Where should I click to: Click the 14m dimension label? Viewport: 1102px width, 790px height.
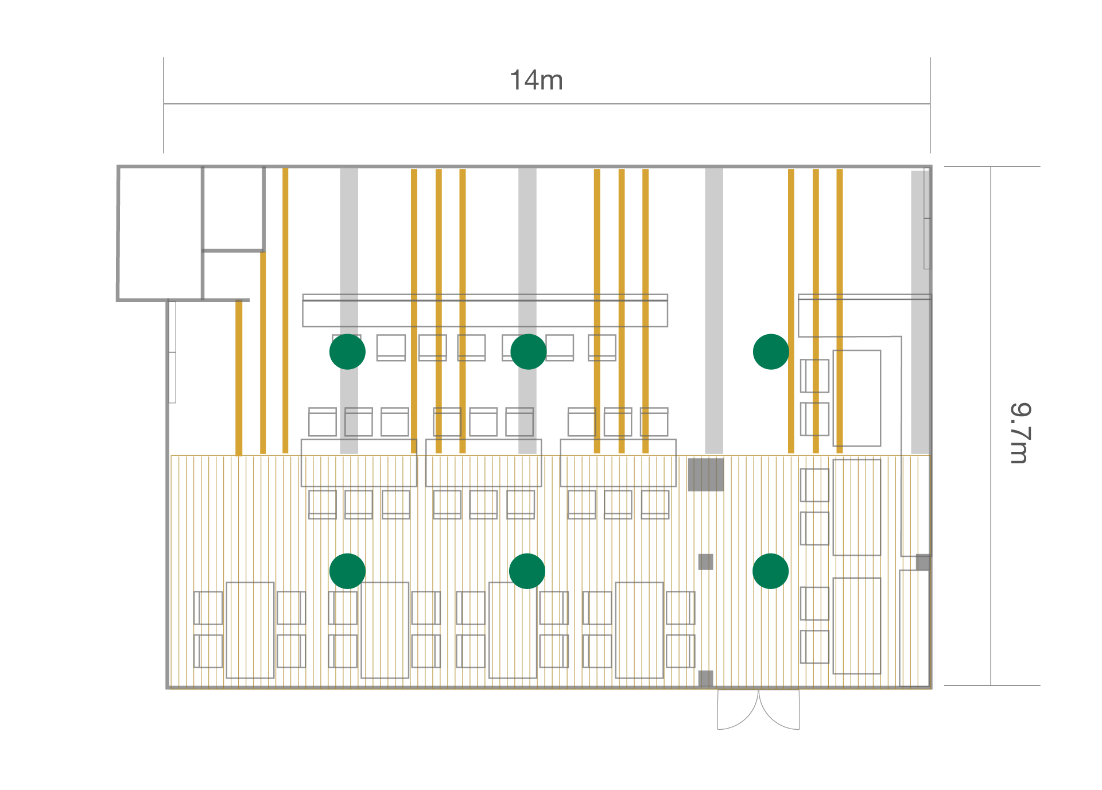[x=536, y=80]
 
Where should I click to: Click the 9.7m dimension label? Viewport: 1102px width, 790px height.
[x=1020, y=433]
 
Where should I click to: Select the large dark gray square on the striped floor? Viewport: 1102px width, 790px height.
[x=705, y=474]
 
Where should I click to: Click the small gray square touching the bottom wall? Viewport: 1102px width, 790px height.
[x=705, y=678]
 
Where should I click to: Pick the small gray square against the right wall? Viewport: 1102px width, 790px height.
[x=923, y=562]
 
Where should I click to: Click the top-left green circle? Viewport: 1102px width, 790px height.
[x=347, y=351]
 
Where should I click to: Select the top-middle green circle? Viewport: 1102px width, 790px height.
[x=528, y=351]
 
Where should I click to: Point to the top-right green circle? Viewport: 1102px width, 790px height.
[x=770, y=351]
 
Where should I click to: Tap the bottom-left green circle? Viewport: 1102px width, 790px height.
[x=347, y=571]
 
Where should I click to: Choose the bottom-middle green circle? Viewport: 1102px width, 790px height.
[x=527, y=571]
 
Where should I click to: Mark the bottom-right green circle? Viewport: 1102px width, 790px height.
[x=770, y=571]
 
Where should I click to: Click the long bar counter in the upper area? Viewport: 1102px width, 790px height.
[x=485, y=313]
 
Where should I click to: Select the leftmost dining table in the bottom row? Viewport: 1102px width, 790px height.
[x=250, y=630]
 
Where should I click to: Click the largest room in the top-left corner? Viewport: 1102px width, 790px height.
[x=160, y=233]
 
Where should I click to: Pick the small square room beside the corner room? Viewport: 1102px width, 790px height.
[x=233, y=208]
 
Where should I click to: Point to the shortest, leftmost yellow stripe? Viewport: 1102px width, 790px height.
[x=239, y=378]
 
